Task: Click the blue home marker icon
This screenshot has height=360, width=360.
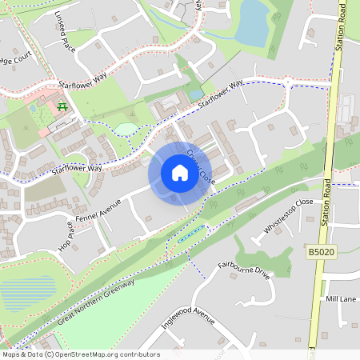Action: click(180, 173)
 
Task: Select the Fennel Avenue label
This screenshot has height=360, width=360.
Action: click(97, 210)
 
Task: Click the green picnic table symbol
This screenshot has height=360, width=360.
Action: click(62, 105)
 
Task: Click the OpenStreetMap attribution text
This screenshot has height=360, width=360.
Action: click(81, 354)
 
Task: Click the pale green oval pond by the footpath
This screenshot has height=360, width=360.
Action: click(126, 129)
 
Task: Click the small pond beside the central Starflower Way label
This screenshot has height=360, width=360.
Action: click(196, 94)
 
